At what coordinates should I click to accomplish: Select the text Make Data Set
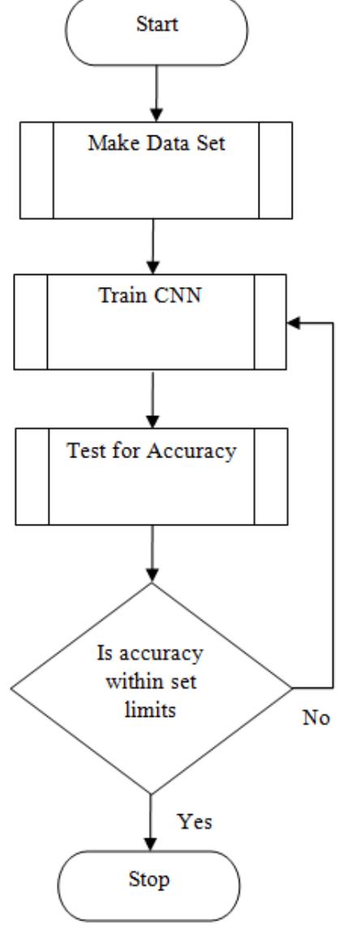(x=155, y=146)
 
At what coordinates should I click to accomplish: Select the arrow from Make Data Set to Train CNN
(x=152, y=247)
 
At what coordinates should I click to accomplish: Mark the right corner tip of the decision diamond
(x=292, y=689)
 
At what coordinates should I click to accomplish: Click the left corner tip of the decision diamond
(x=11, y=689)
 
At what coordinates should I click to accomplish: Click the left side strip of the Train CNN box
(x=32, y=321)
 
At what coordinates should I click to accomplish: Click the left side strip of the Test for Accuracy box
(x=32, y=476)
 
